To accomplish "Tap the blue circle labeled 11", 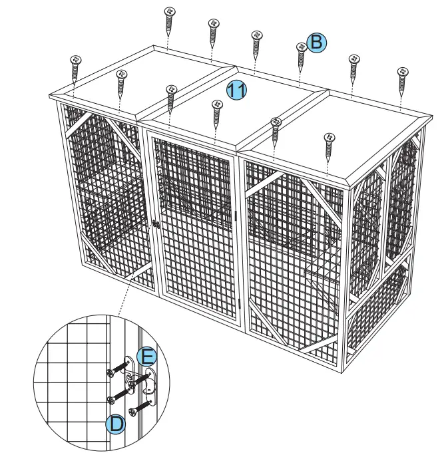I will click(x=236, y=90).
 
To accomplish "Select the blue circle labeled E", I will click(x=146, y=355).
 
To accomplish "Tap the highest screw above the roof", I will click(x=170, y=20).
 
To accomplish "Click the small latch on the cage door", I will click(x=154, y=224).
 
